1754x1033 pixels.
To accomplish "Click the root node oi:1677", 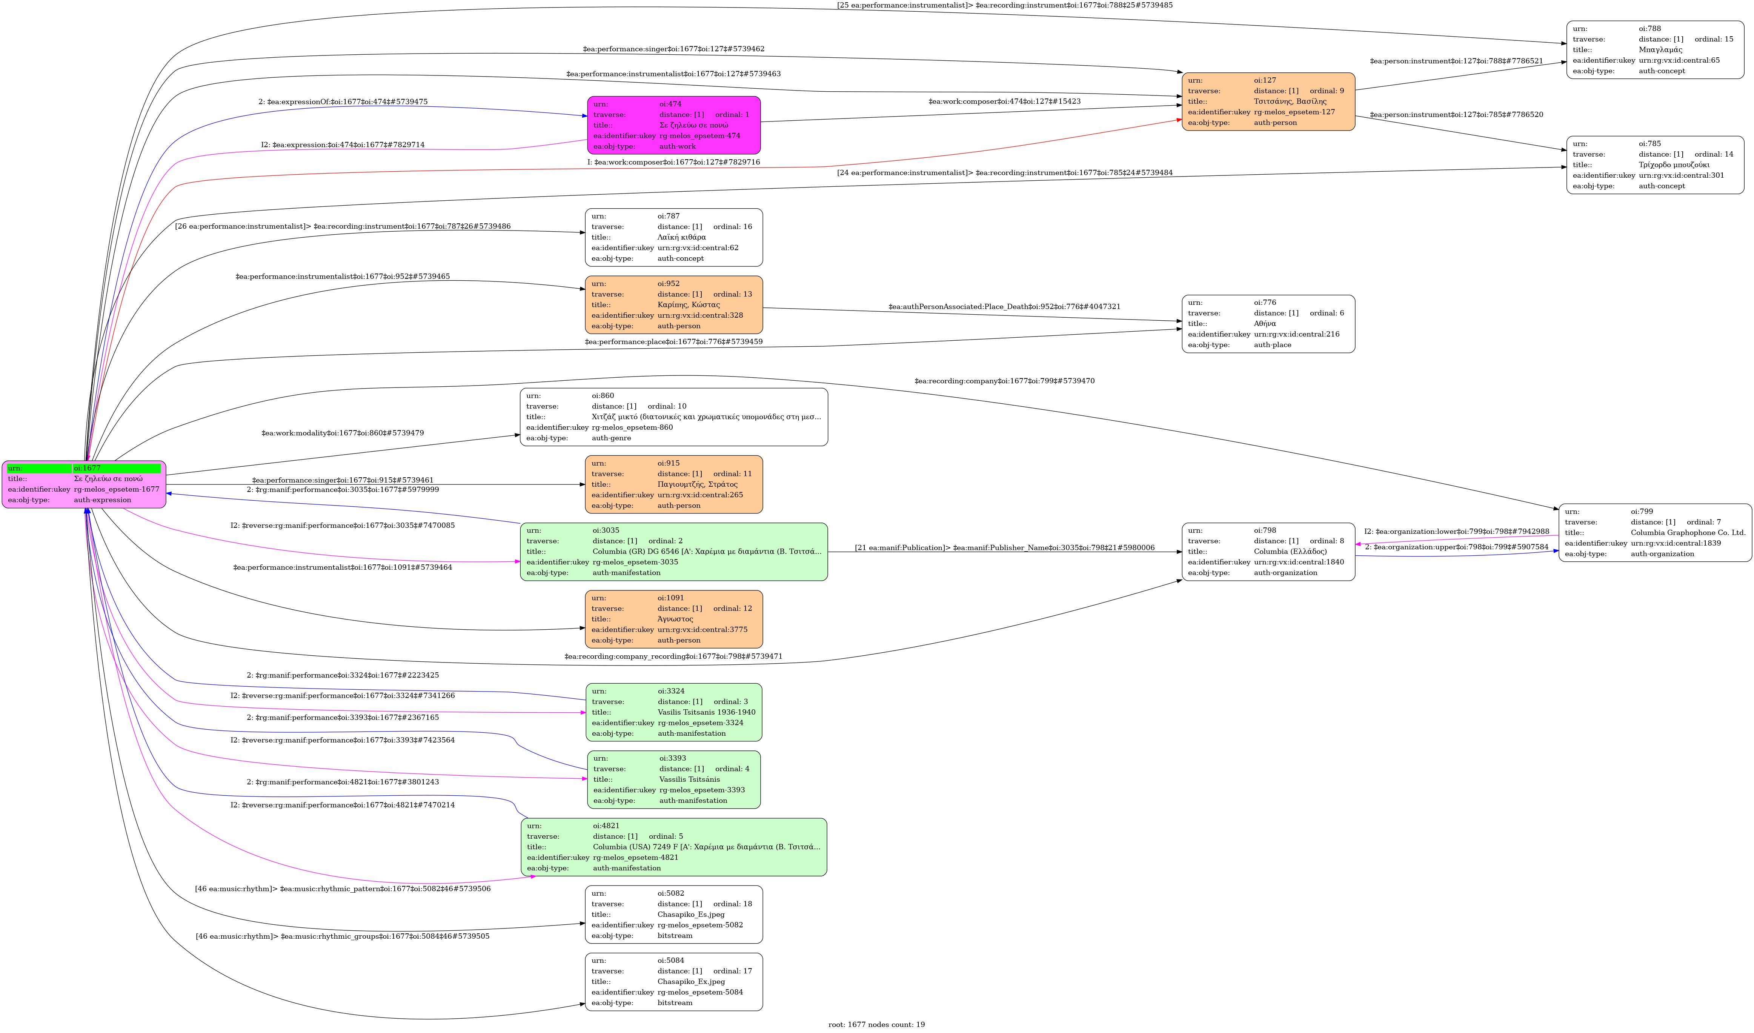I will (x=83, y=484).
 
